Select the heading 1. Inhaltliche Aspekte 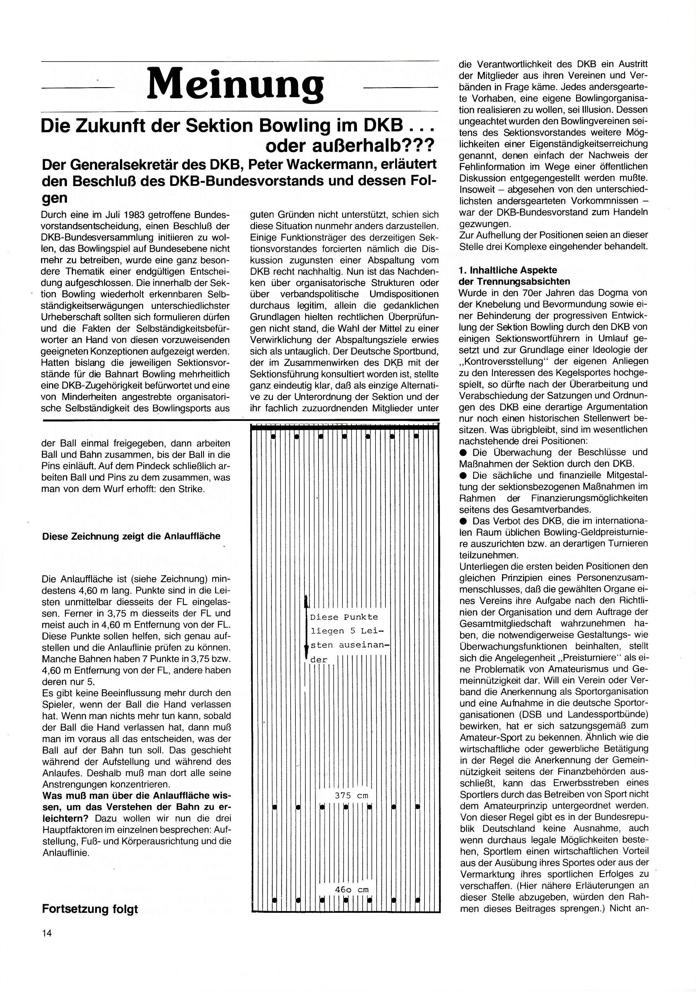(508, 270)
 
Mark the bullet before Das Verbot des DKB (464, 521)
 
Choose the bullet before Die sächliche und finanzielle (464, 476)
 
